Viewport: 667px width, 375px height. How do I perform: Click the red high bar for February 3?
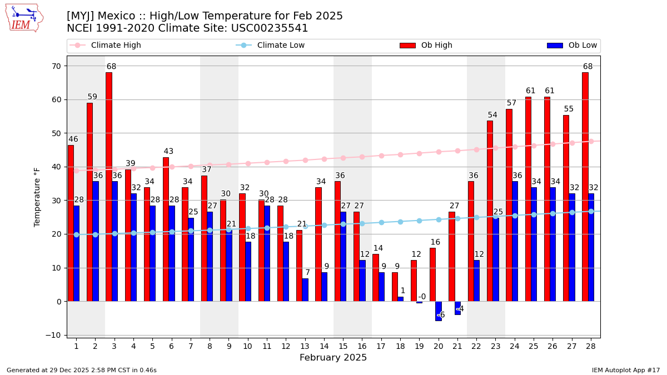click(109, 187)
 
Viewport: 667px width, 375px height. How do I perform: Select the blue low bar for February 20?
click(438, 311)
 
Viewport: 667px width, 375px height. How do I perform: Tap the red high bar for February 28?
click(585, 187)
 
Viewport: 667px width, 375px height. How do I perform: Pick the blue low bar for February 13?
click(305, 290)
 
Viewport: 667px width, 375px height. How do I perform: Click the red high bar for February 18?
click(395, 287)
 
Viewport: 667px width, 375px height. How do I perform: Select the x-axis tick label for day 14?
click(321, 346)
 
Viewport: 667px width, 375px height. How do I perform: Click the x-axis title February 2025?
click(333, 358)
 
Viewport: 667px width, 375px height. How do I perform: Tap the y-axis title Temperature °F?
click(37, 197)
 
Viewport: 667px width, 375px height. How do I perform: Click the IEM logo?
click(24, 18)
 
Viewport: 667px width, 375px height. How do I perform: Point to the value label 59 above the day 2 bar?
click(92, 97)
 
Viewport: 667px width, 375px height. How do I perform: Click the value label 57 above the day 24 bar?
click(511, 103)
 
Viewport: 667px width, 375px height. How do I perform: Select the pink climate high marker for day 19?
click(419, 153)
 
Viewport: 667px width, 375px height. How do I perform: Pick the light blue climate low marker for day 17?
click(381, 222)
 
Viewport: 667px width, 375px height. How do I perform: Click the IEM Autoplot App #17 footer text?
click(626, 370)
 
